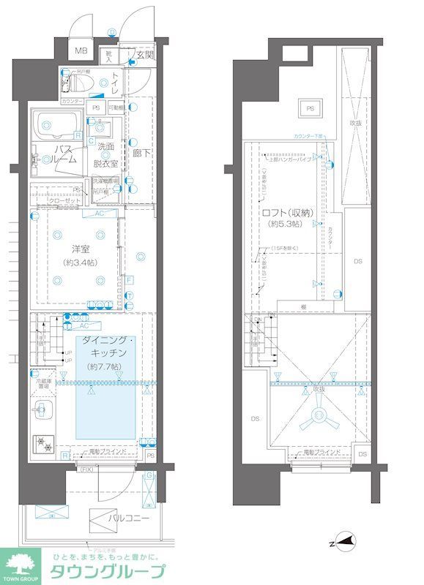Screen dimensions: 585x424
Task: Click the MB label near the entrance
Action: click(x=81, y=52)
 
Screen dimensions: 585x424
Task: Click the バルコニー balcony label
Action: click(x=130, y=518)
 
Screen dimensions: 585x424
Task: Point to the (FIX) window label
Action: click(x=86, y=469)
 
